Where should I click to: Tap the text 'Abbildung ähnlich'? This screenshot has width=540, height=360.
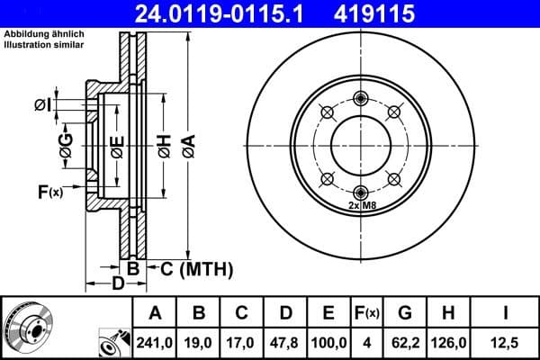coord(44,34)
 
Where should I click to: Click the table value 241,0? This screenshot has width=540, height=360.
coord(156,341)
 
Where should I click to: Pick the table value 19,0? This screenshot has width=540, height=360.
coord(200,341)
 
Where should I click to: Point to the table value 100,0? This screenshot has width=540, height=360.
coord(328,341)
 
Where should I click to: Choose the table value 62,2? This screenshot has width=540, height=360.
coord(405,341)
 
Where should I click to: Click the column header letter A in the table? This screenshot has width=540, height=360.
coord(156,313)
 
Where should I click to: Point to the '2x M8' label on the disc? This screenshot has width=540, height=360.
coord(361,206)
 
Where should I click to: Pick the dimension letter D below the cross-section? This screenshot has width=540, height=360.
coord(118,284)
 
